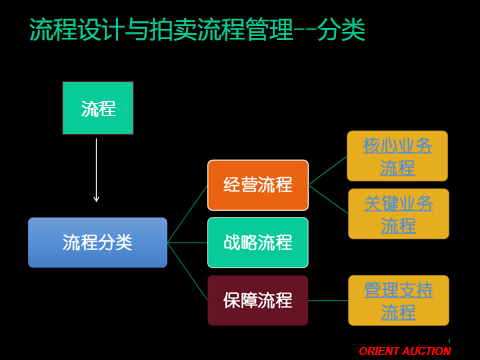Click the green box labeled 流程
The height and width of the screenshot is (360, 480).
point(98,108)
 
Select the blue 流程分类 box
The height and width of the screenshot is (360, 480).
point(98,242)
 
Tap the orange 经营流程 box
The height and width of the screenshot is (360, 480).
point(258,185)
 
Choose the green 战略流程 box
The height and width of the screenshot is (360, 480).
point(258,242)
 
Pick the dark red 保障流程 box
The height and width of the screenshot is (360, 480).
point(258,300)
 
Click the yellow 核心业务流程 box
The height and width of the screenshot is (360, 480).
point(397,156)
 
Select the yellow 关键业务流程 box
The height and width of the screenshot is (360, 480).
point(399,214)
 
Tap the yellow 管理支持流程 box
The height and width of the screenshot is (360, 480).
point(399,300)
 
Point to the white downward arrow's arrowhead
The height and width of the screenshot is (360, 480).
point(96,200)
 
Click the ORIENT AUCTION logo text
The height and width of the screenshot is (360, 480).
point(405,351)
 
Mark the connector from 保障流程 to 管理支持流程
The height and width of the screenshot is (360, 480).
point(328,300)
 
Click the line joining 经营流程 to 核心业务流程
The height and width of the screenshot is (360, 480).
point(328,170)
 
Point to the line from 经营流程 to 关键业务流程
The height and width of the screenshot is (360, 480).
point(329,199)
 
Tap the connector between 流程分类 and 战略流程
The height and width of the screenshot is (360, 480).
point(187,242)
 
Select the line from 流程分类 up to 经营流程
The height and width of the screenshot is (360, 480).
point(187,214)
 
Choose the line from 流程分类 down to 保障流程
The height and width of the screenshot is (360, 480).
point(187,271)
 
